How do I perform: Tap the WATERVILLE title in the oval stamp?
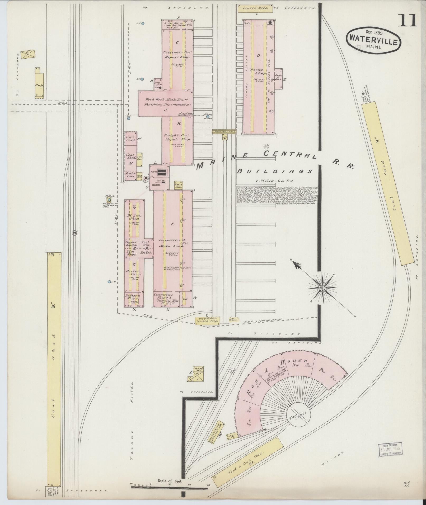[x=373, y=42]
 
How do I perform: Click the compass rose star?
[x=323, y=287]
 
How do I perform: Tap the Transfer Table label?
[x=224, y=131]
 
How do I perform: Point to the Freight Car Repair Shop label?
[x=177, y=137]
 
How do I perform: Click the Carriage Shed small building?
[x=197, y=370]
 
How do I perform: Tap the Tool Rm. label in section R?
[x=146, y=243]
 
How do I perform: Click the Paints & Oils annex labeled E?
[x=279, y=77]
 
